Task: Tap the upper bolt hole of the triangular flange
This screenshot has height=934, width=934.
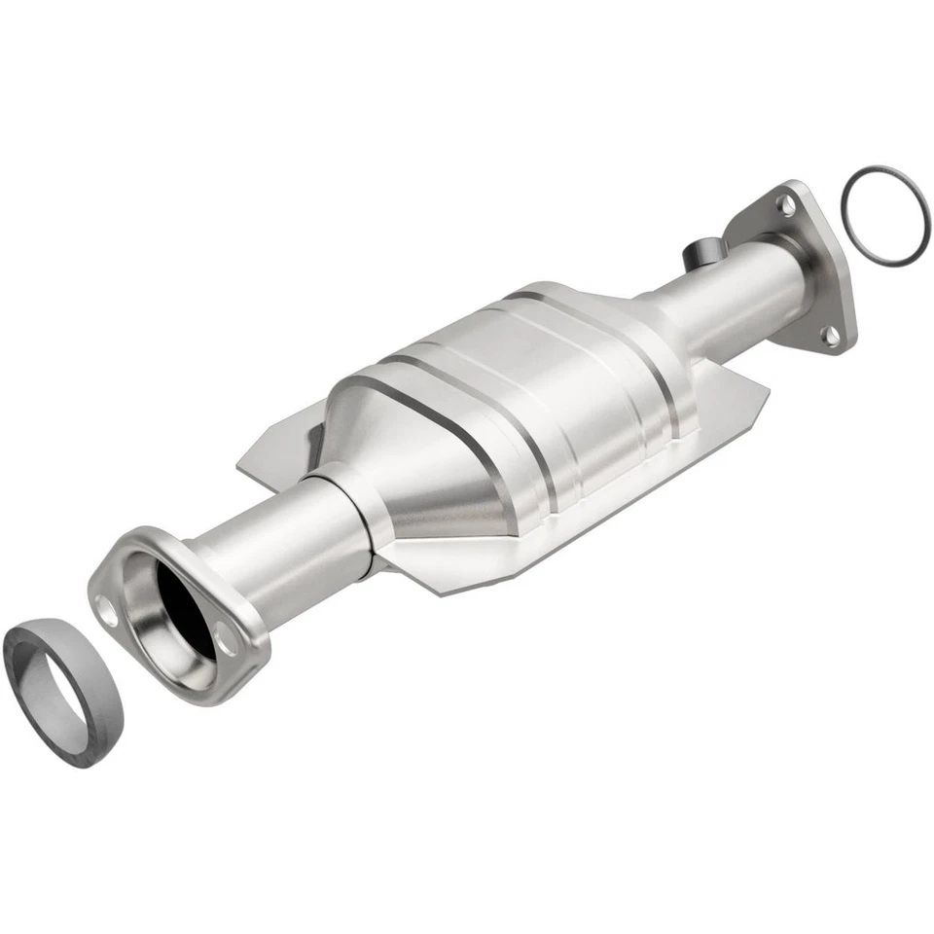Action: point(783,203)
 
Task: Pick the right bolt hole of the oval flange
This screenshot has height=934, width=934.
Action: point(226,641)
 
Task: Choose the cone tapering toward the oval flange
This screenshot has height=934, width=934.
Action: point(389,486)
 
